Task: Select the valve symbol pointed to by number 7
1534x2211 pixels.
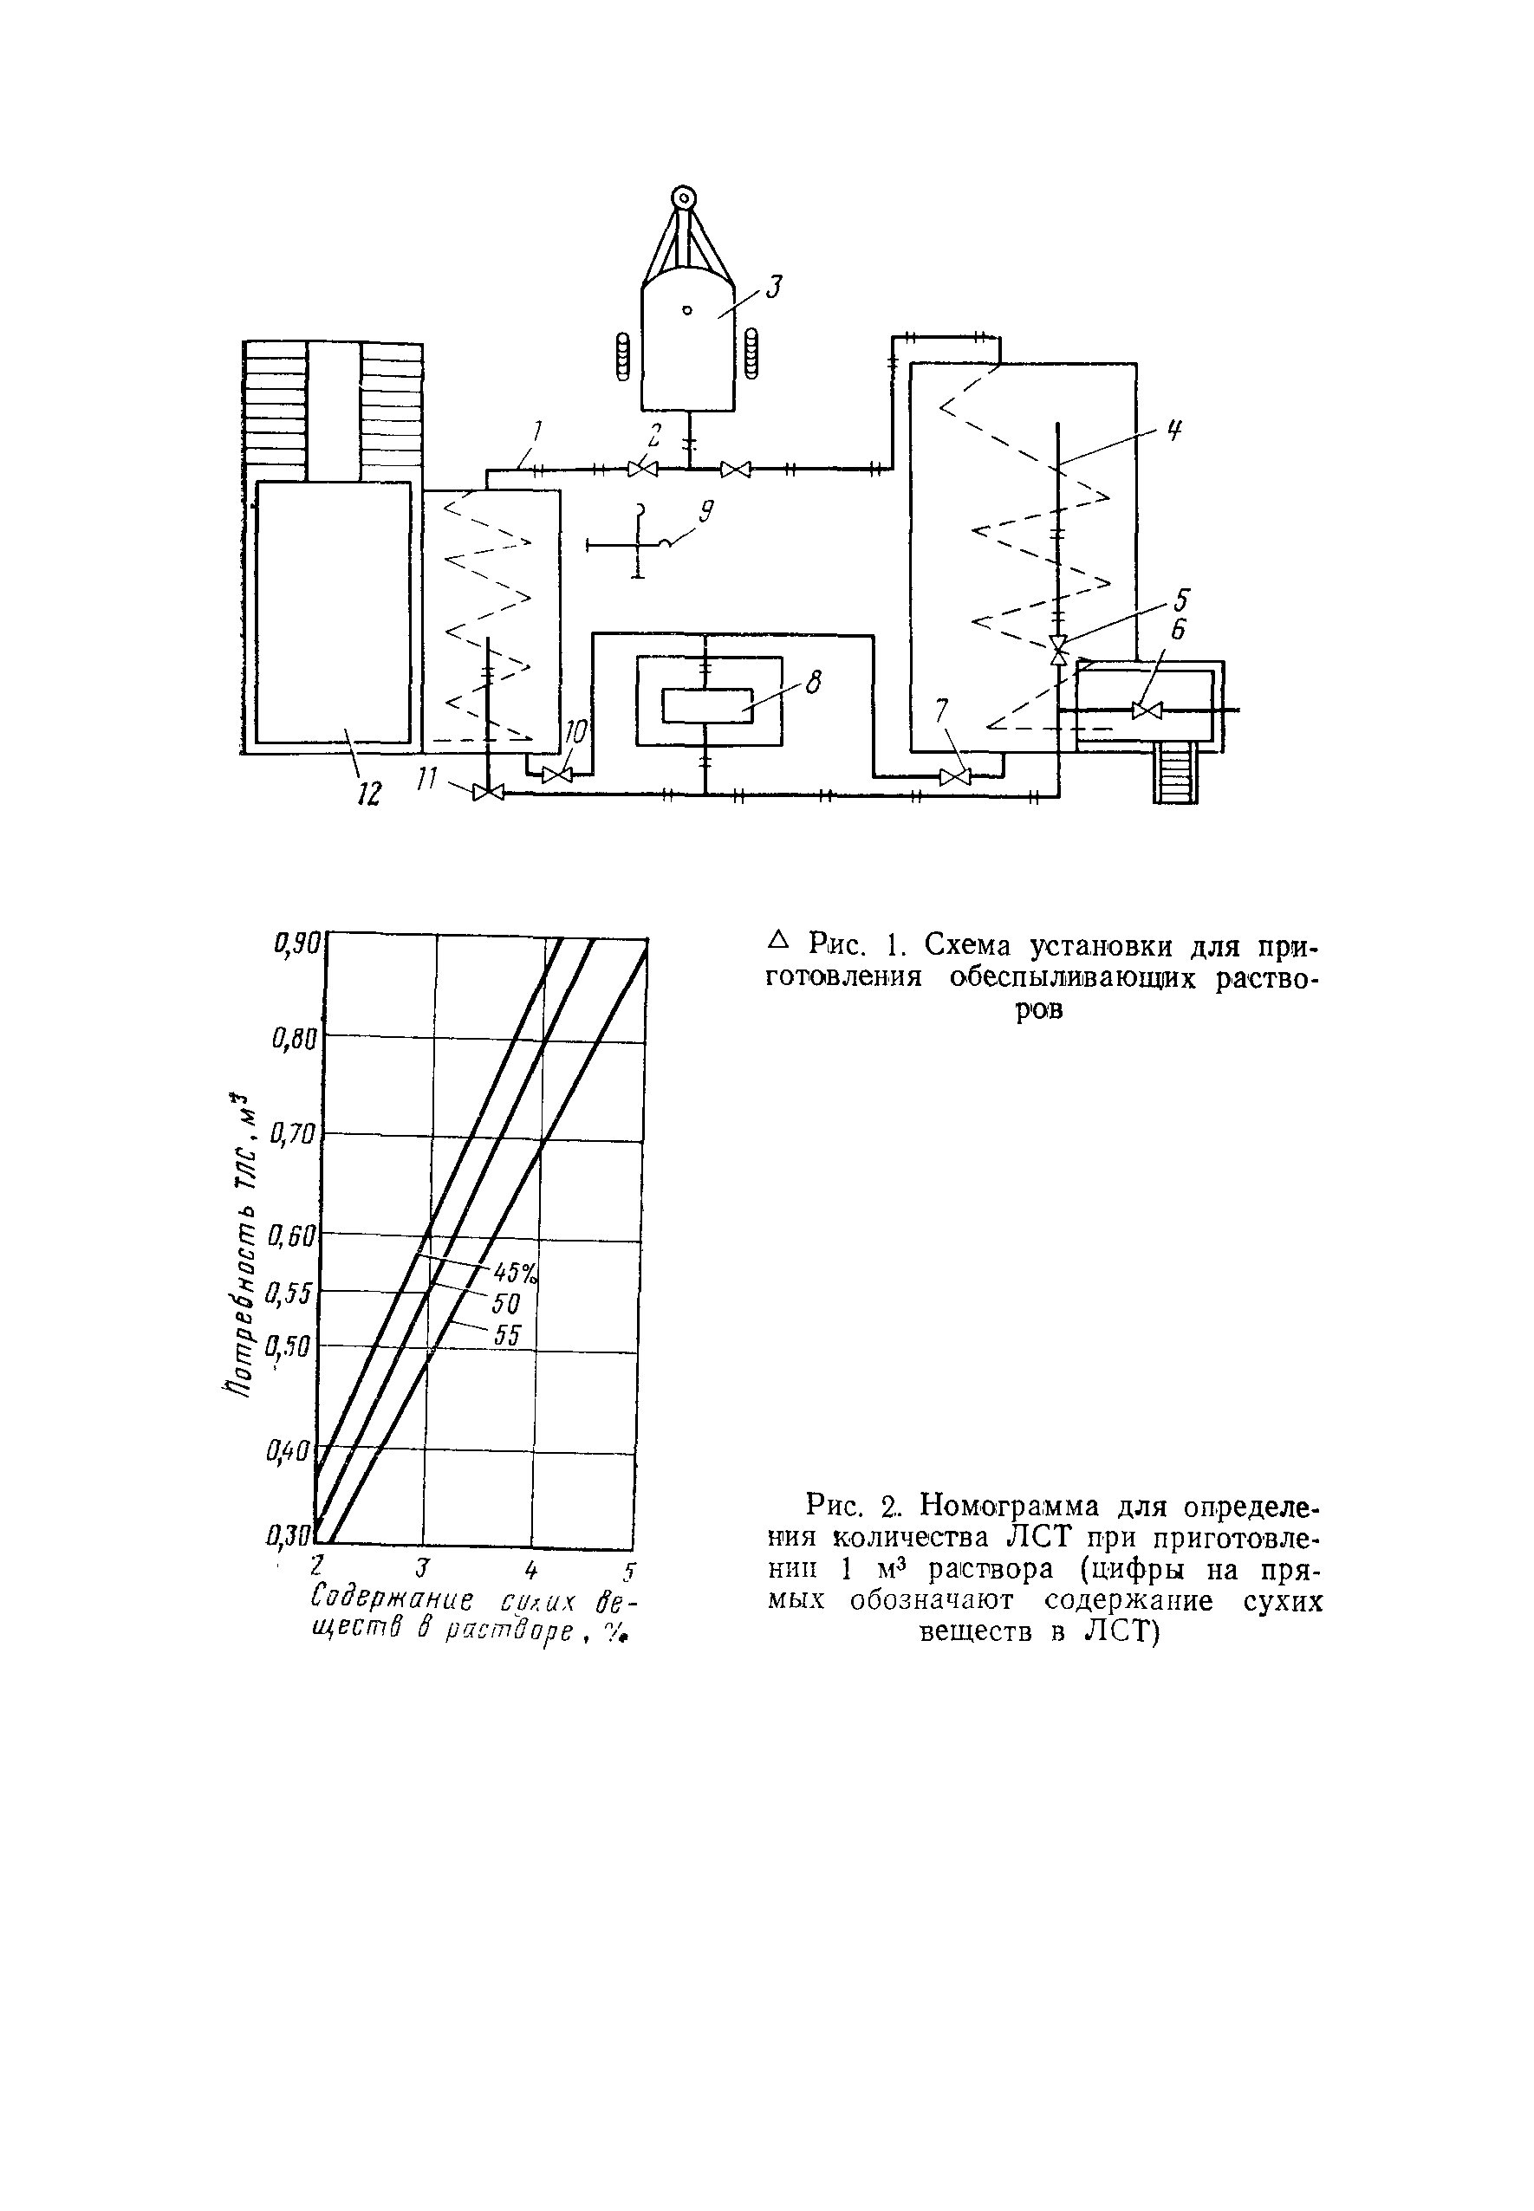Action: coord(954,776)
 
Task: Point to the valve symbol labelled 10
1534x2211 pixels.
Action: coord(556,775)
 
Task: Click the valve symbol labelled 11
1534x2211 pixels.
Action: coord(489,792)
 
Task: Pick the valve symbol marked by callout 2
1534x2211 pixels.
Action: coord(642,469)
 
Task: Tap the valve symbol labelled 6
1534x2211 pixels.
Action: coord(1147,710)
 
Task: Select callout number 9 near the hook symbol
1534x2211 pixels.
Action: coord(705,512)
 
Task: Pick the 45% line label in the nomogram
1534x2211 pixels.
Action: coord(515,1274)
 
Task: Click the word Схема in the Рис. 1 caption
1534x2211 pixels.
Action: coord(970,945)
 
